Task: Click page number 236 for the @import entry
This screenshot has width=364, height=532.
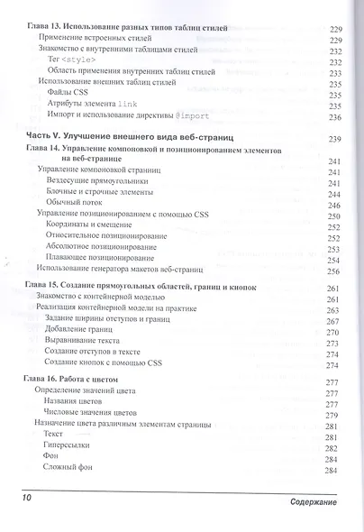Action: (336, 117)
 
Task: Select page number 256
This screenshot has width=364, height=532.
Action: (335, 271)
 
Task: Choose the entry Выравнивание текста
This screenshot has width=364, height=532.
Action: (89, 344)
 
